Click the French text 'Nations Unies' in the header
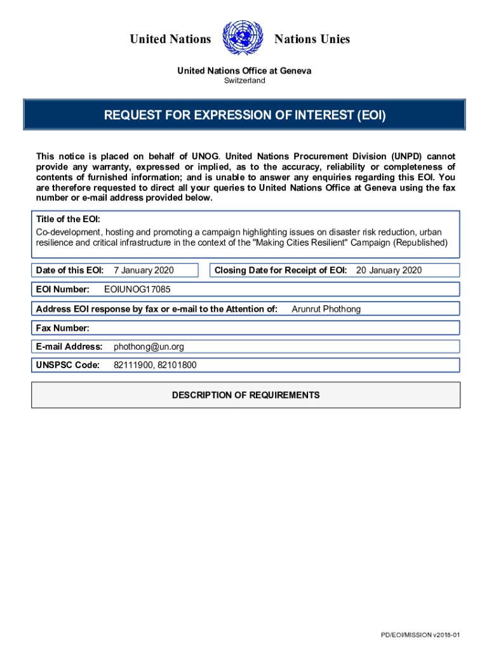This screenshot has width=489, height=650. pos(312,39)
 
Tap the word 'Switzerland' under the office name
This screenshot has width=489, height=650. pos(245,81)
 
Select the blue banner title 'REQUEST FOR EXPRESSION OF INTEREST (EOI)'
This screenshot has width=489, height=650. pos(245,116)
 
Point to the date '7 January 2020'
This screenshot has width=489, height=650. pos(144,270)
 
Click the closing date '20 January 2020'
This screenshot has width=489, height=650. pos(389,270)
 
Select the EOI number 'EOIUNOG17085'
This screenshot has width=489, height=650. pos(137,289)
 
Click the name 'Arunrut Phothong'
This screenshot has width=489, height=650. pos(326,309)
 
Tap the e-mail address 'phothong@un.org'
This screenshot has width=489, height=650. pos(149,347)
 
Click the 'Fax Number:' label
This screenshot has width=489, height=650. pos(62,328)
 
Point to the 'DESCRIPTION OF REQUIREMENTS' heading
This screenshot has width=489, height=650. pos(246,395)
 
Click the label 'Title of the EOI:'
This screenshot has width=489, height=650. pos(68,219)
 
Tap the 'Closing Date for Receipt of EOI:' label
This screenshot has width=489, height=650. pos(280,270)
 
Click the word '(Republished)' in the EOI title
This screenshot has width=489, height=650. pos(420,243)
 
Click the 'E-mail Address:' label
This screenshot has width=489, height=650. pos(69,347)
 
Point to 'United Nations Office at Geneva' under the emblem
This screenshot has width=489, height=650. pos(244,70)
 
